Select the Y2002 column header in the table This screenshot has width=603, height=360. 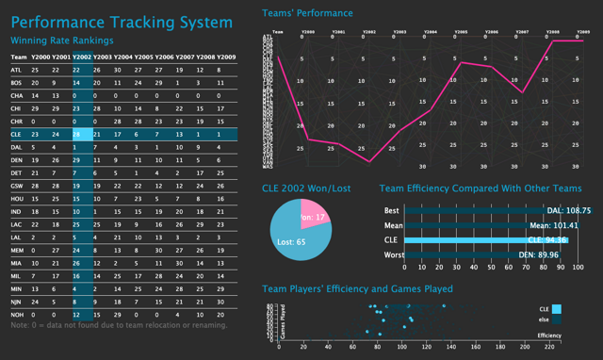click(82, 57)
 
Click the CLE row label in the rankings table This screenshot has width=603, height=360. click(16, 135)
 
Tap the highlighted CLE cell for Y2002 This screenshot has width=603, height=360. click(82, 135)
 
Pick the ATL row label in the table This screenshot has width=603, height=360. click(16, 70)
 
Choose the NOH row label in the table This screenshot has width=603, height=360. click(16, 313)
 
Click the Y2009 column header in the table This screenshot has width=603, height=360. click(226, 57)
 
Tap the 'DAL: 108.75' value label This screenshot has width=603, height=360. click(568, 210)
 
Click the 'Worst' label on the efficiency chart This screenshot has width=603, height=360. click(394, 255)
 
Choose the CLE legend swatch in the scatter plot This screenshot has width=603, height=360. click(557, 308)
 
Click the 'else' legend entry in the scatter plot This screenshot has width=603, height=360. click(543, 320)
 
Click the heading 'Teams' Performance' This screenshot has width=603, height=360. click(307, 13)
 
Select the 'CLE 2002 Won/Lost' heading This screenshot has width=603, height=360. click(306, 188)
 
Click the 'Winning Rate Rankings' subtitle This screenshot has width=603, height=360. click(61, 41)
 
